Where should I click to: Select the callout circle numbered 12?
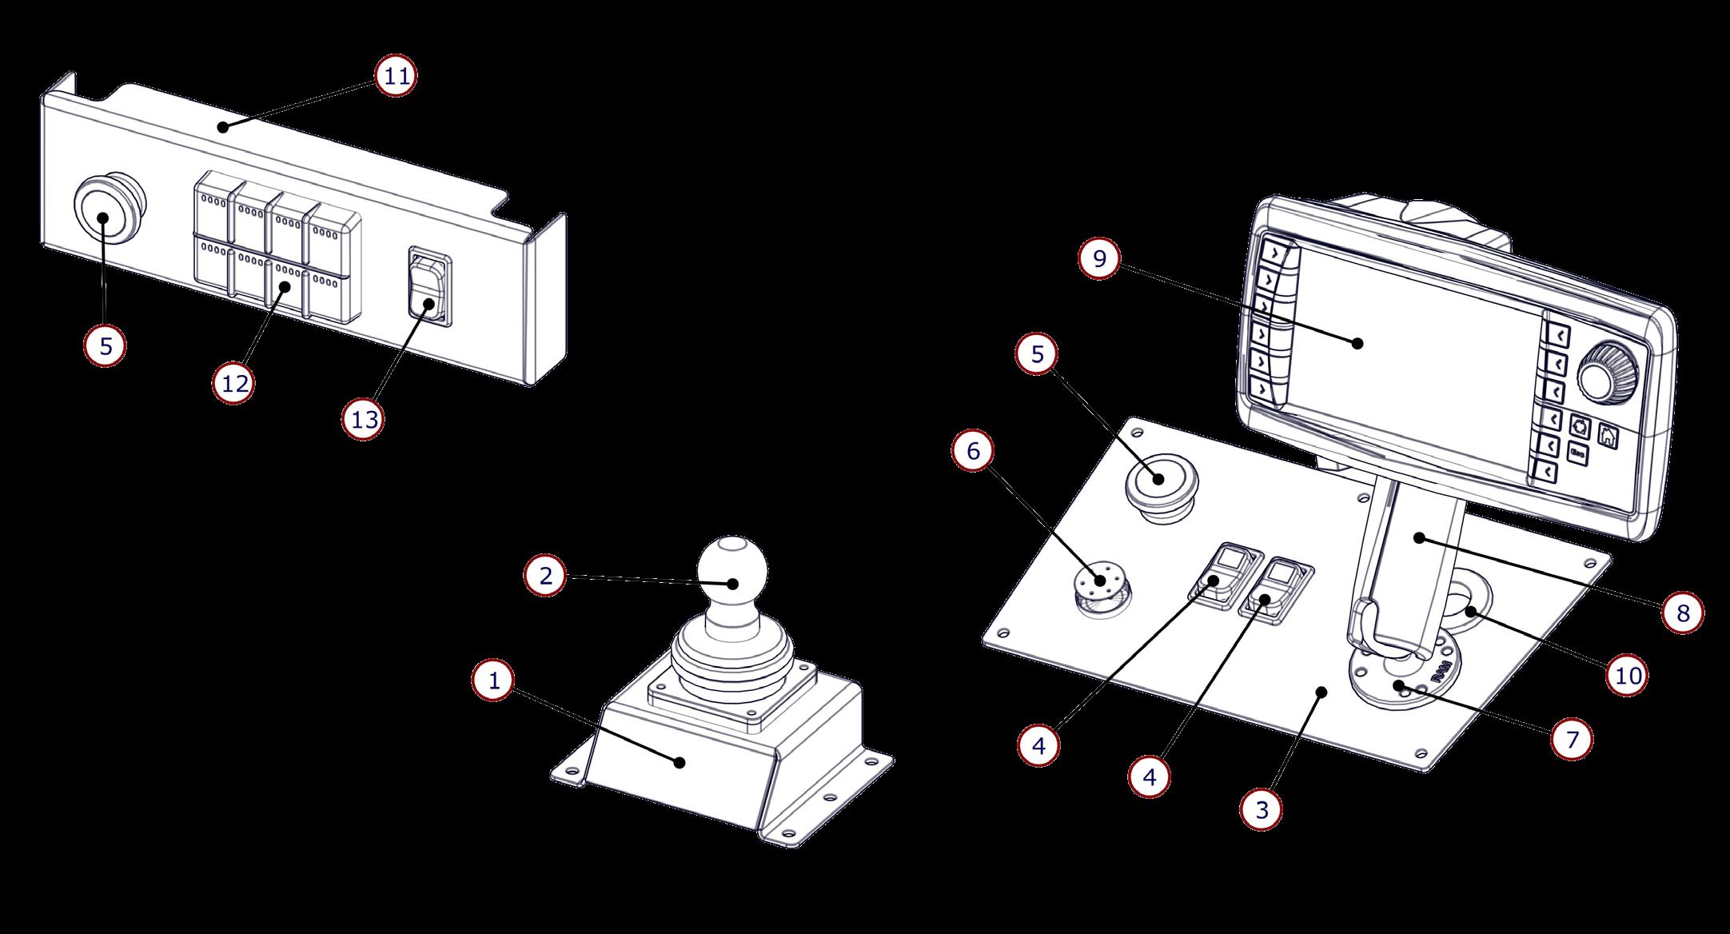(235, 384)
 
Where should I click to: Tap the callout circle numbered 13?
(364, 419)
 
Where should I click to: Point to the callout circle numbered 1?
(494, 681)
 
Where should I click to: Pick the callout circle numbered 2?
(545, 576)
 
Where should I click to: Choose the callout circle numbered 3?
(1262, 809)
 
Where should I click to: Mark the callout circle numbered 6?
(973, 452)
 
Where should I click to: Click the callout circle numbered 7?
(1572, 740)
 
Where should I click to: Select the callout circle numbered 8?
(1683, 613)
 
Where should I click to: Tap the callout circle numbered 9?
(1099, 259)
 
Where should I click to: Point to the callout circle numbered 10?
(1628, 676)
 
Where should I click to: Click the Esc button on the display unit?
(1578, 453)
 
